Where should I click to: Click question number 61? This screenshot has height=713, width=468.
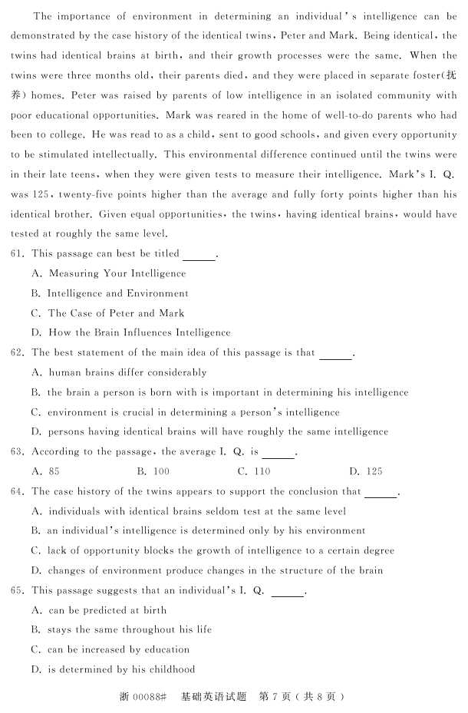click(18, 253)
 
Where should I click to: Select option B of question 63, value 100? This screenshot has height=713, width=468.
click(153, 471)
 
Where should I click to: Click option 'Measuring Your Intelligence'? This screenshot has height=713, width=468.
click(117, 273)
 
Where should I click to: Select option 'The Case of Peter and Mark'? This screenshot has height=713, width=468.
click(116, 313)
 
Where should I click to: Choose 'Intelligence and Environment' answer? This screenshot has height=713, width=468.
click(117, 293)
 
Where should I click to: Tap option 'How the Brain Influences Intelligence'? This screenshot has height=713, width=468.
click(139, 333)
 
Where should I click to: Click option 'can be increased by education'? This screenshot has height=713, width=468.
click(118, 649)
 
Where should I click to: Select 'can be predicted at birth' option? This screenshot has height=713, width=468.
click(107, 610)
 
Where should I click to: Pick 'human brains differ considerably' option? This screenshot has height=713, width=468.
click(127, 372)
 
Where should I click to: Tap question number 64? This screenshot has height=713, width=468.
click(18, 491)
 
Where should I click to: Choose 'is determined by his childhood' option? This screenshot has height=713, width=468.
click(121, 669)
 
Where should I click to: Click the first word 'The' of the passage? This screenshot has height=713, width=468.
click(43, 16)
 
